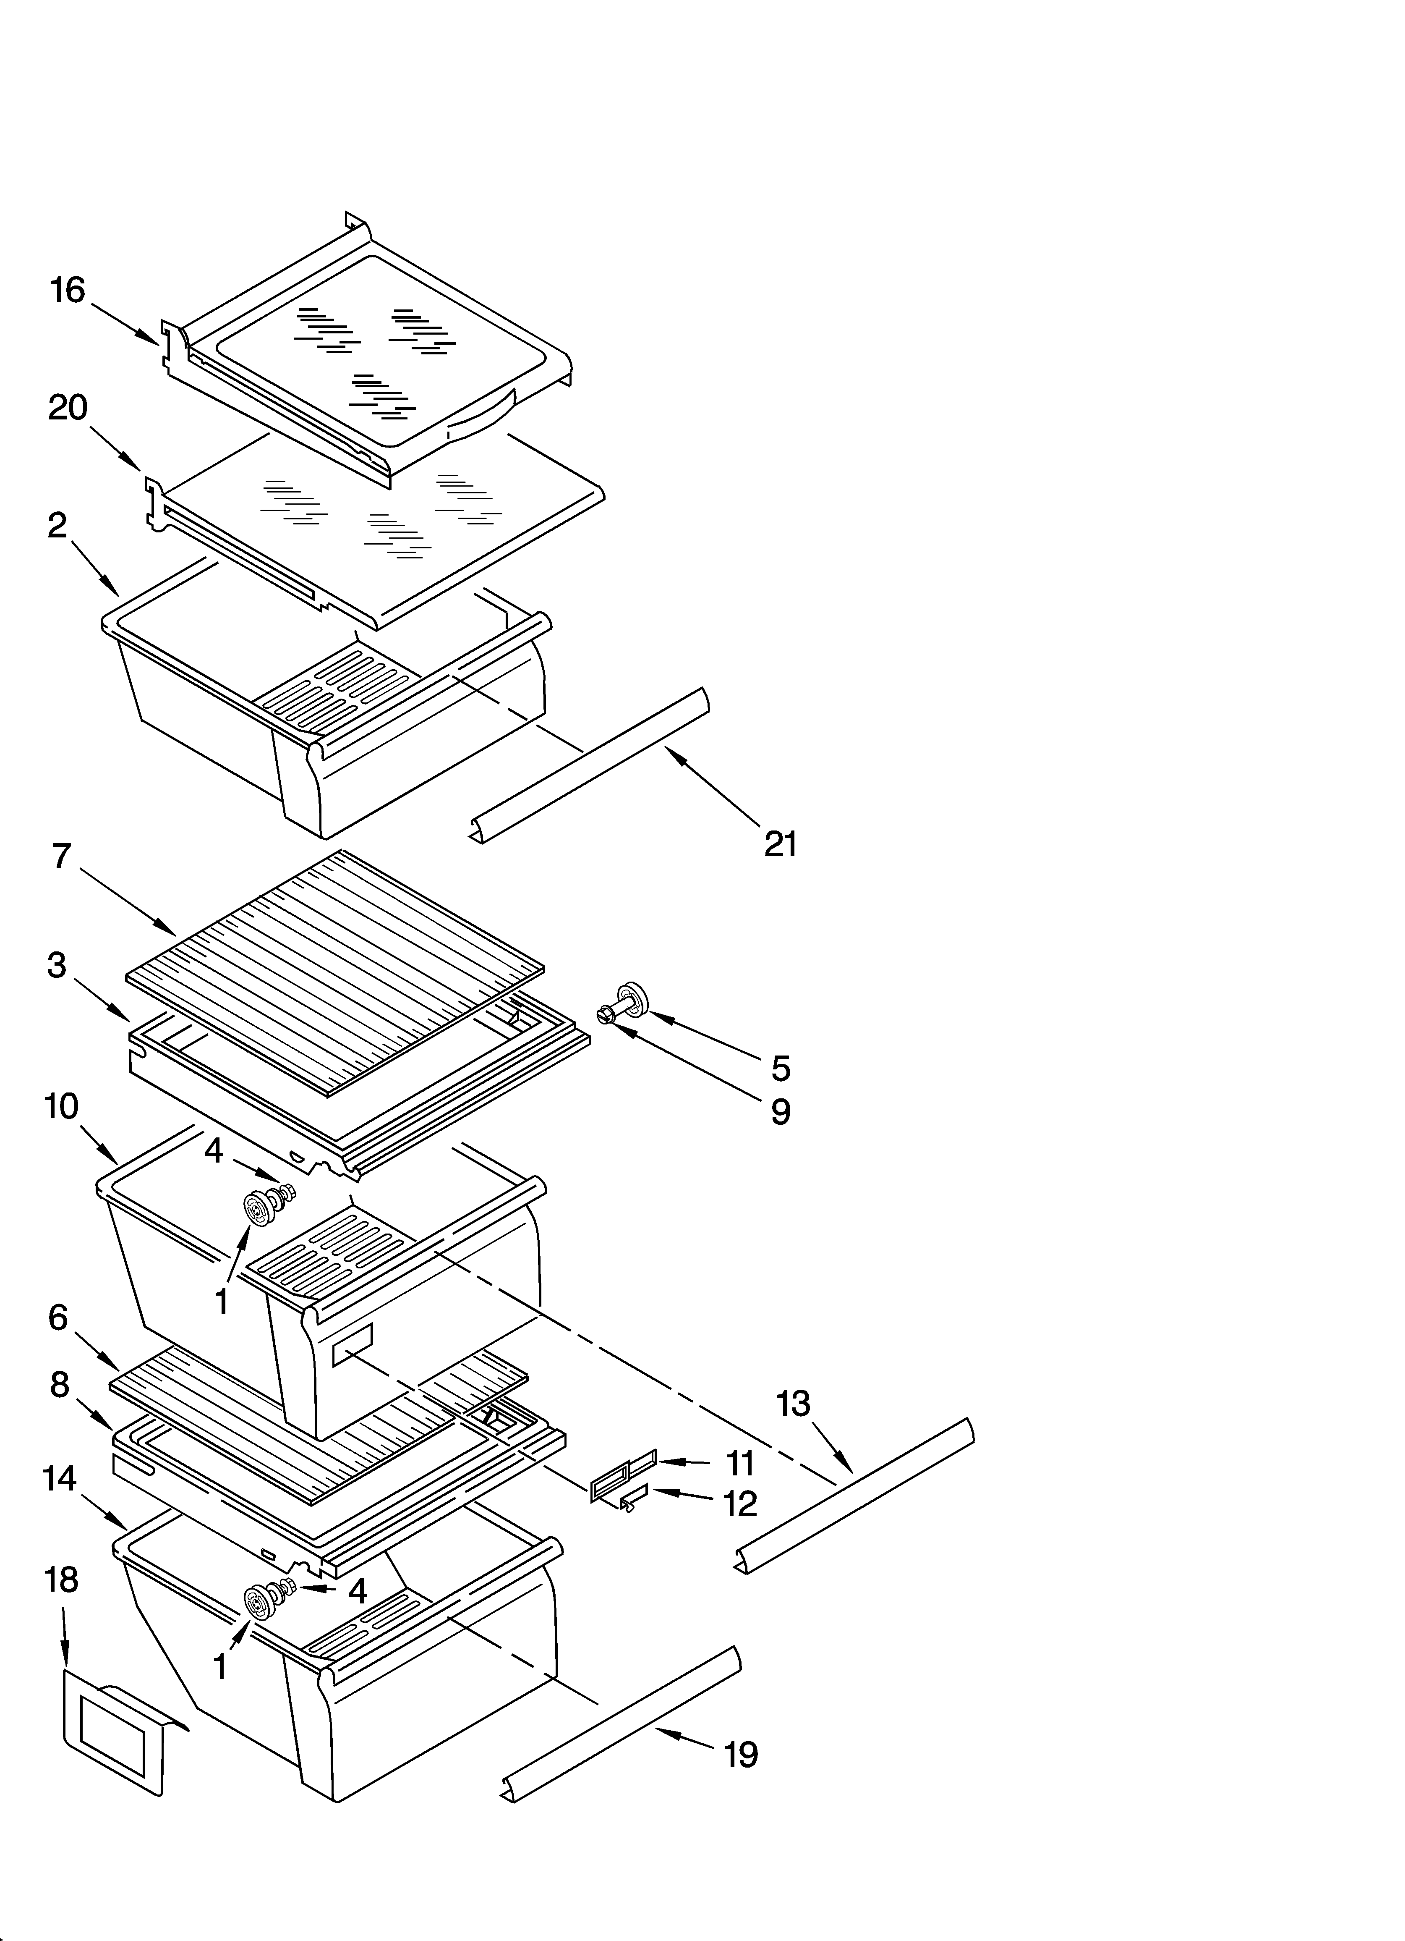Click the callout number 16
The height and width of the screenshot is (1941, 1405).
click(x=68, y=291)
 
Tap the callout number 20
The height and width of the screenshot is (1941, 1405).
click(x=68, y=408)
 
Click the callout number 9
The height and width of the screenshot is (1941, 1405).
click(x=780, y=1112)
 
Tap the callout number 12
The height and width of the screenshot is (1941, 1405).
click(x=740, y=1504)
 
